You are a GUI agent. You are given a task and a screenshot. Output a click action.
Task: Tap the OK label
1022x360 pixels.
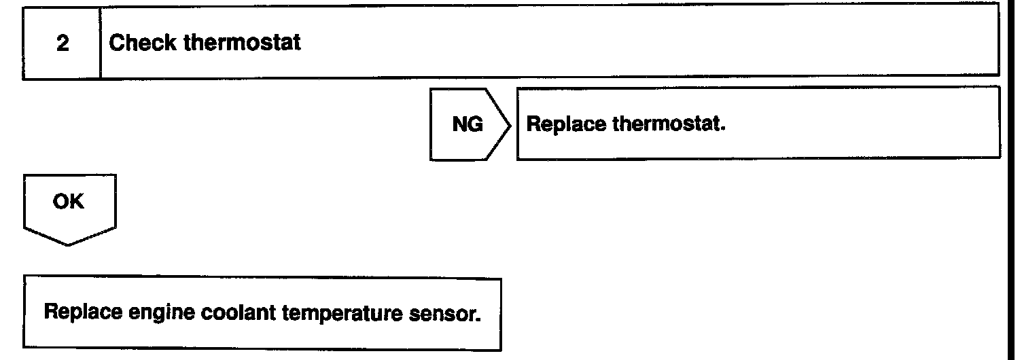[x=71, y=203]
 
